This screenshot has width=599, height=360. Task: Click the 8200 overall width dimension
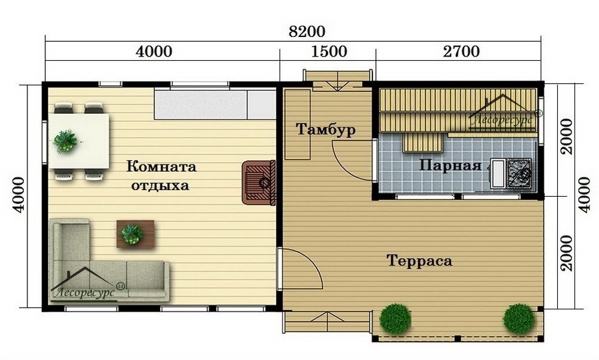click(x=307, y=32)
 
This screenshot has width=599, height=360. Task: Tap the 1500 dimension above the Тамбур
click(x=329, y=52)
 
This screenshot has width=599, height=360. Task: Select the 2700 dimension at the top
click(x=461, y=52)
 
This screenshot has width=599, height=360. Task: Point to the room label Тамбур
click(x=326, y=129)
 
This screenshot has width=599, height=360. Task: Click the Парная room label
click(x=450, y=166)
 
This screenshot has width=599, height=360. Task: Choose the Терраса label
click(x=420, y=261)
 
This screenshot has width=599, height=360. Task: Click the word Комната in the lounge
click(x=161, y=167)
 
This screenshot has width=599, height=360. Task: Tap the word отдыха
click(x=160, y=186)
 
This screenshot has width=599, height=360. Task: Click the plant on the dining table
click(x=66, y=141)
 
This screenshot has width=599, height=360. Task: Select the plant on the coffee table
click(x=132, y=234)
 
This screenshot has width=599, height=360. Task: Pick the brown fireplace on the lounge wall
click(x=259, y=182)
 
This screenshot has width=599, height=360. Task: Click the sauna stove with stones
click(x=519, y=173)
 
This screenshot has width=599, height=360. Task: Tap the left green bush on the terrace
click(x=395, y=318)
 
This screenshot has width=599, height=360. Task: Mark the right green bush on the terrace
click(x=519, y=319)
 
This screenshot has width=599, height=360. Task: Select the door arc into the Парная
click(x=343, y=168)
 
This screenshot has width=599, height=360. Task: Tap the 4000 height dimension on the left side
click(x=18, y=195)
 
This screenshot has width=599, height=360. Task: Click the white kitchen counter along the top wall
click(x=215, y=105)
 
